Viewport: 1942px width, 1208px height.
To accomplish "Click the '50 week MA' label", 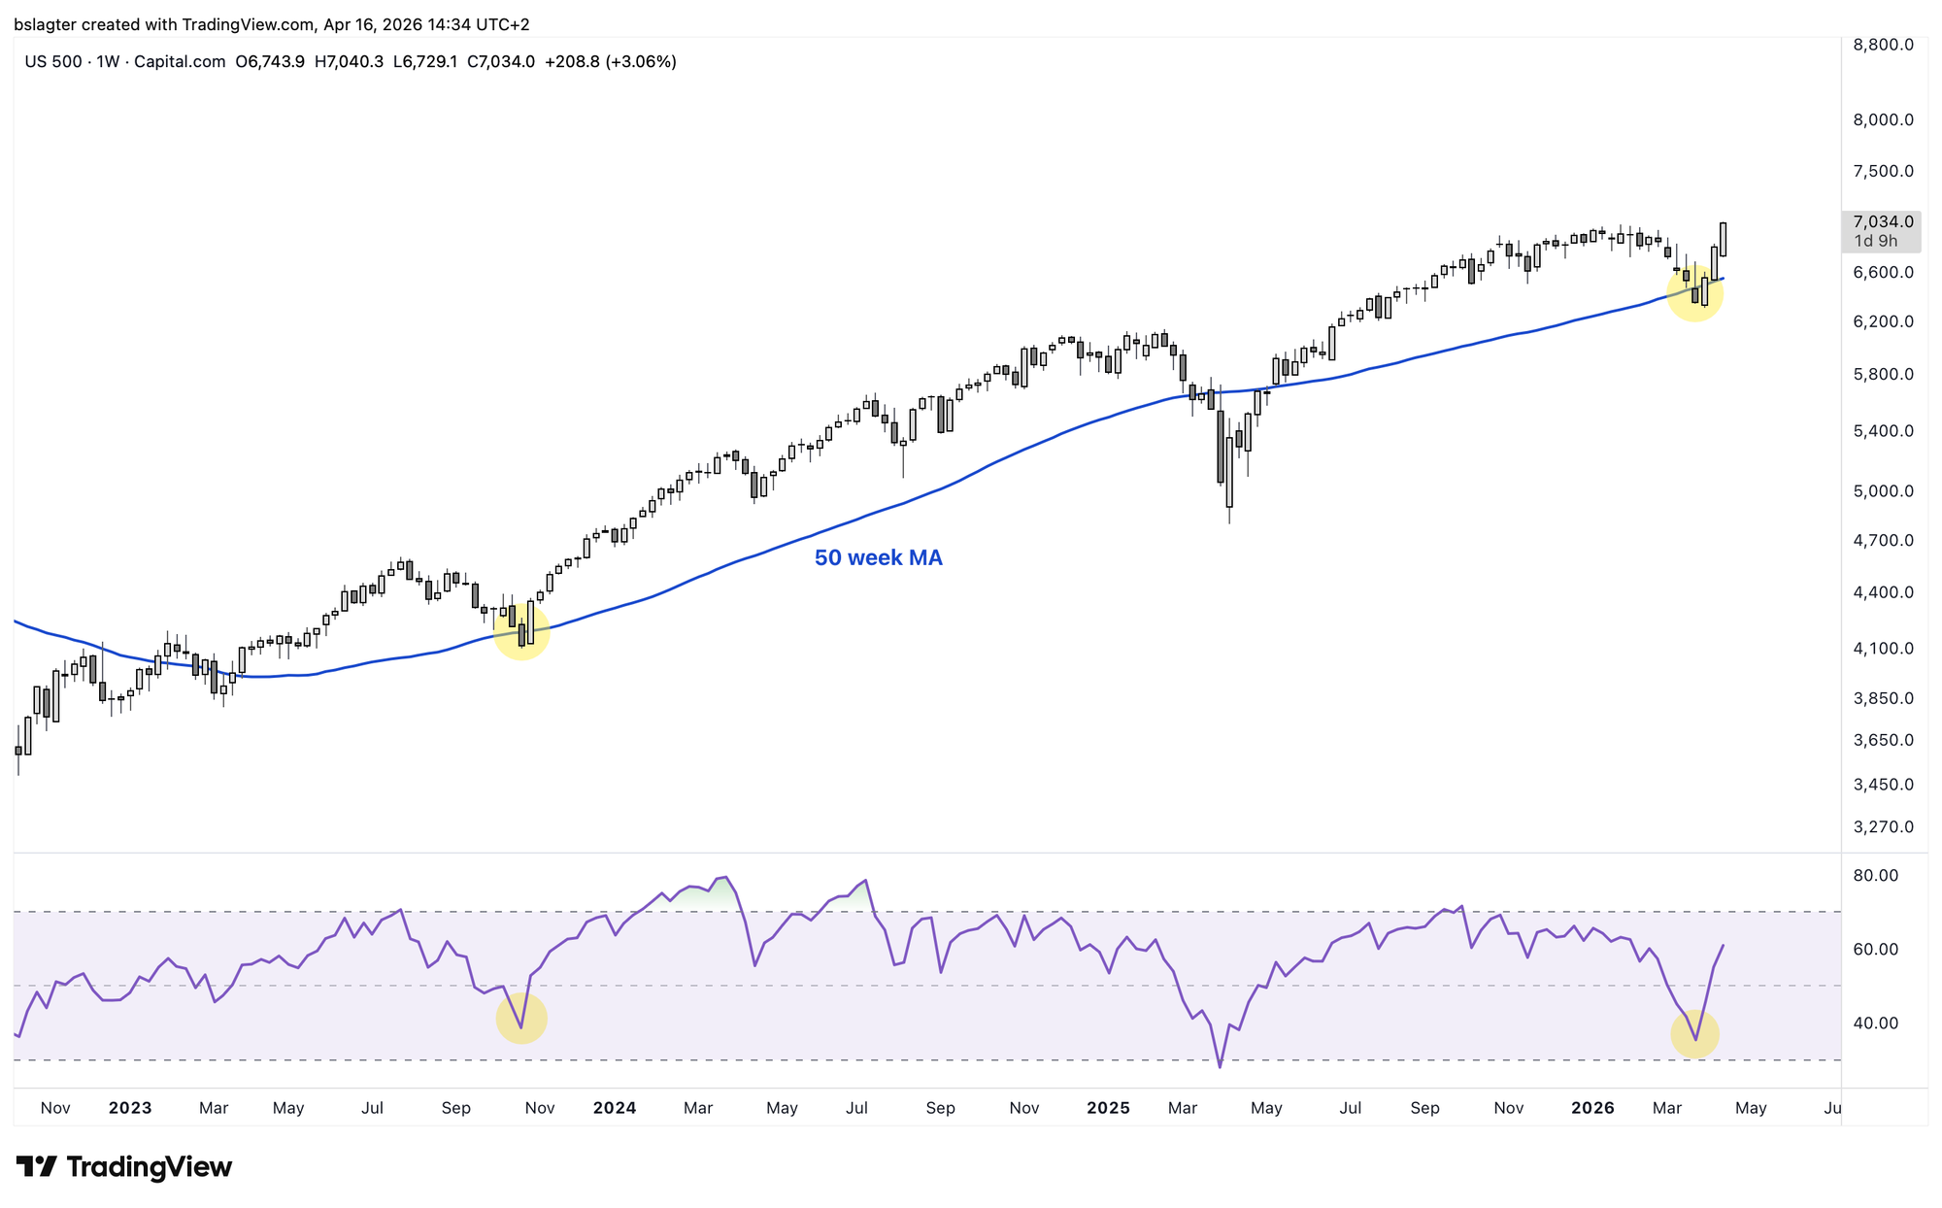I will pyautogui.click(x=878, y=558).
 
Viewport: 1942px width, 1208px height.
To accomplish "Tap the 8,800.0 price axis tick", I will pyautogui.click(x=1883, y=45).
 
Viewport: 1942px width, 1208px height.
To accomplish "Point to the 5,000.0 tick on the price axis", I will pyautogui.click(x=1883, y=491).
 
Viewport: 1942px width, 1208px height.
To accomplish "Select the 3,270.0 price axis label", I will pyautogui.click(x=1883, y=827).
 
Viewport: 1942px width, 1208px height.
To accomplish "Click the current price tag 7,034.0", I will pyautogui.click(x=1883, y=222).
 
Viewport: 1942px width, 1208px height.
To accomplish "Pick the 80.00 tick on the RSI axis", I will pyautogui.click(x=1875, y=876).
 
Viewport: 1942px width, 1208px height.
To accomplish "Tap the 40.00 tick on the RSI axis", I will pyautogui.click(x=1875, y=1023).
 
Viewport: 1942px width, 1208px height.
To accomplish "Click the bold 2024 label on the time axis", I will pyautogui.click(x=615, y=1108).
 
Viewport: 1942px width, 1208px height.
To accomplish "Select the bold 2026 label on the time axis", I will pyautogui.click(x=1592, y=1108).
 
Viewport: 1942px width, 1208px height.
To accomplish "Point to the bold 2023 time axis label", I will pyautogui.click(x=130, y=1108).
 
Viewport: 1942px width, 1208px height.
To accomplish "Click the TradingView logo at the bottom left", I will pyautogui.click(x=124, y=1167).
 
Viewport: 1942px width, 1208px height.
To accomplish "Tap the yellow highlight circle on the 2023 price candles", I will pyautogui.click(x=522, y=631).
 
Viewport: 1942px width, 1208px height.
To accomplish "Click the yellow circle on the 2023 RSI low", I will pyautogui.click(x=522, y=1018).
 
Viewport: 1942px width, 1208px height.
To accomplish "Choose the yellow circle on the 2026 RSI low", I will pyautogui.click(x=1695, y=1034).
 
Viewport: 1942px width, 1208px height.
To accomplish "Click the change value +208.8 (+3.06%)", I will pyautogui.click(x=610, y=62).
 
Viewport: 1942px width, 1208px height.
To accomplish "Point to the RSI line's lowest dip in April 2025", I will pyautogui.click(x=1221, y=1066).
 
